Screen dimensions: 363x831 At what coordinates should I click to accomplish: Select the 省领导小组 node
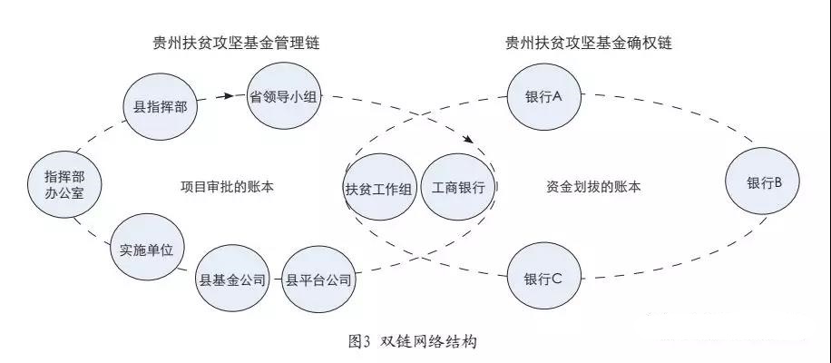tap(282, 94)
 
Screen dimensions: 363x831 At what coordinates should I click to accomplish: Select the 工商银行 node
tap(459, 189)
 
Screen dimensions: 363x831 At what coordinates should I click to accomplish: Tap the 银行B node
tap(758, 181)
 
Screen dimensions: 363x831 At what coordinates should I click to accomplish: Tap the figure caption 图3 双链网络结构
tap(412, 342)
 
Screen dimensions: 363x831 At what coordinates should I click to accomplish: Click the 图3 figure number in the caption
tap(357, 342)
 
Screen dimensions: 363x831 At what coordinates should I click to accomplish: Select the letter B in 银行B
tap(777, 181)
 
